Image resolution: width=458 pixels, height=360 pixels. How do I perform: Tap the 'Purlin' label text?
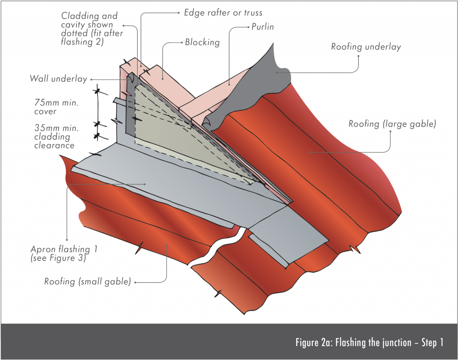click(262, 27)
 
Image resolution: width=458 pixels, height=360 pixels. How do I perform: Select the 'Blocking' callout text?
click(202, 42)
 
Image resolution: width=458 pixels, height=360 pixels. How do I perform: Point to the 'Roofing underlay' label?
click(366, 47)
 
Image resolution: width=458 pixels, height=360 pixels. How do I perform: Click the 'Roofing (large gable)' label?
click(391, 124)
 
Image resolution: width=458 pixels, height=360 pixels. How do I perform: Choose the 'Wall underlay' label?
click(58, 79)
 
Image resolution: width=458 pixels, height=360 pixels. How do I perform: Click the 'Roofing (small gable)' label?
click(87, 282)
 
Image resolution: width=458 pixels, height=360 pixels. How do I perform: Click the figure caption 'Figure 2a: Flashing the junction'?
click(369, 343)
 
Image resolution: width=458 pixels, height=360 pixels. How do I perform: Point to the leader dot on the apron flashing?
click(144, 183)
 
